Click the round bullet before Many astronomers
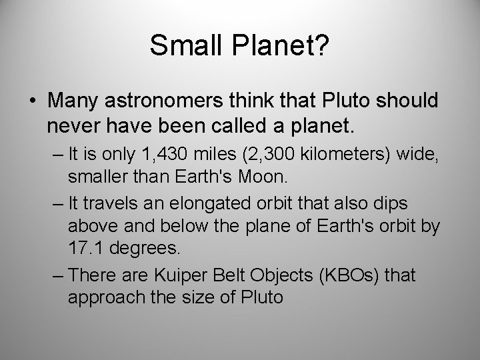point(33,101)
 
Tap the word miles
point(212,157)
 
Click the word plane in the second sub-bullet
point(245,226)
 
